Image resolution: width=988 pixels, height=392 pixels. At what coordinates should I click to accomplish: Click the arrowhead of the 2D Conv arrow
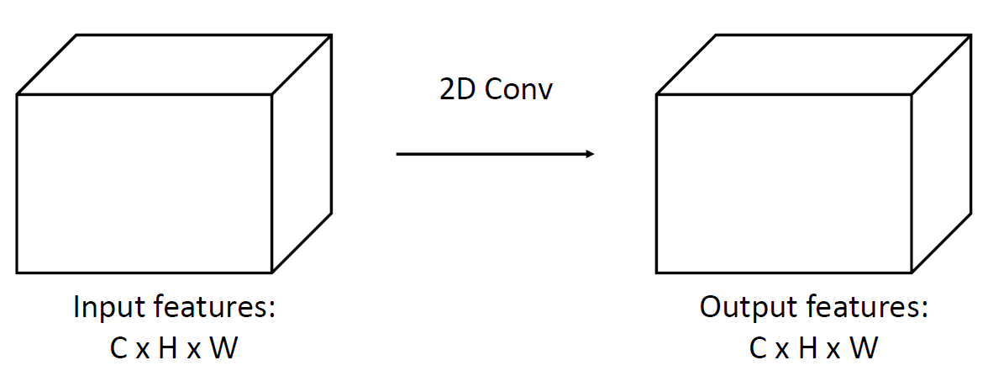[x=591, y=154]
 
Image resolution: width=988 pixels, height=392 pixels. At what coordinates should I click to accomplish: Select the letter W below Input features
[x=223, y=348]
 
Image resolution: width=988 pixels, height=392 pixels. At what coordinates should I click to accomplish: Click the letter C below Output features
[x=759, y=348]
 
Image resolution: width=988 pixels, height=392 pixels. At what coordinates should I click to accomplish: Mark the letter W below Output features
[x=862, y=348]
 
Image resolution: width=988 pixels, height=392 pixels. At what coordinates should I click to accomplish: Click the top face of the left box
[x=175, y=65]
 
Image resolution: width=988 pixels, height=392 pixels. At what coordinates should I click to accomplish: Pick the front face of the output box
[x=784, y=183]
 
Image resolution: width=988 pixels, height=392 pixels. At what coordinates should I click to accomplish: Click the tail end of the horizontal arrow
[x=399, y=154]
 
